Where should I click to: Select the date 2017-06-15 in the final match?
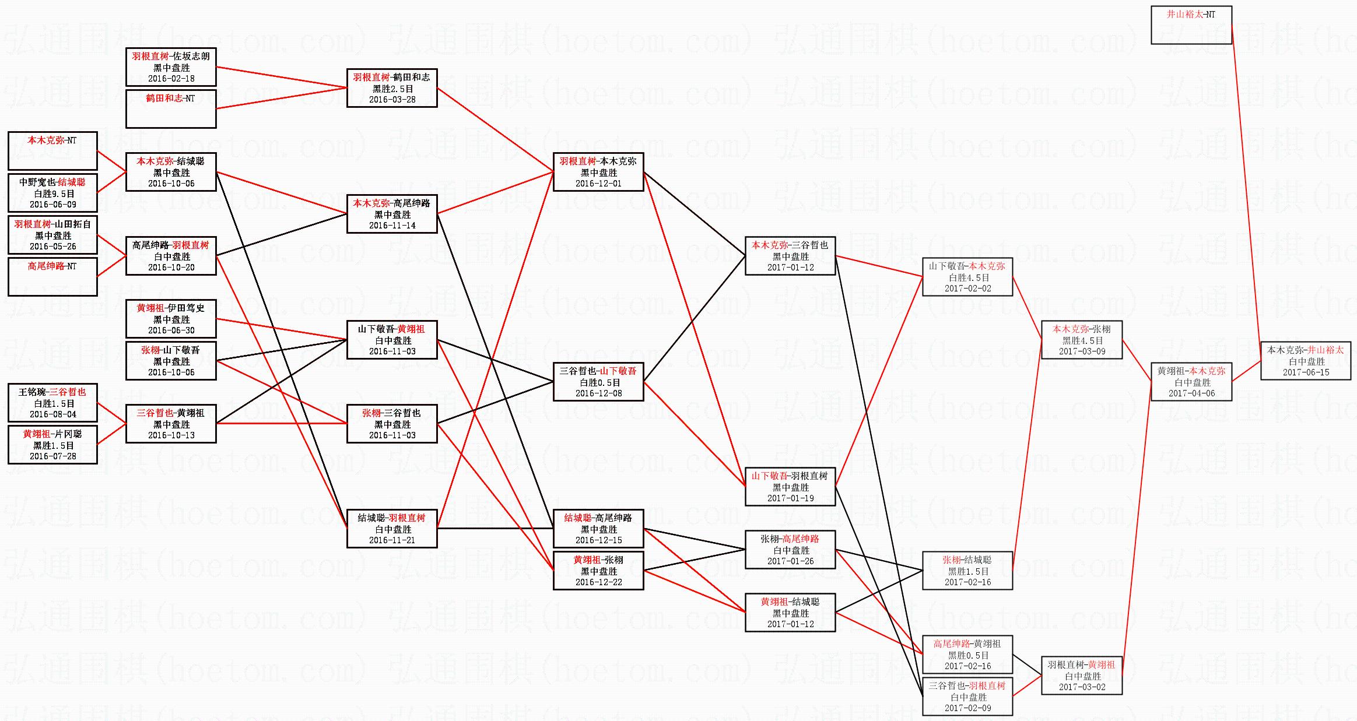1306,372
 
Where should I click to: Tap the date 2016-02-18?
171,79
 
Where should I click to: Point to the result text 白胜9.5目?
52,194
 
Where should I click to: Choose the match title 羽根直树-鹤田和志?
391,78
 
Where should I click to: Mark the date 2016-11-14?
392,226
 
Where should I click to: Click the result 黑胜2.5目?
392,89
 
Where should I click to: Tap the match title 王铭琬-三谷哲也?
52,392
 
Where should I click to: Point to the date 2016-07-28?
52,456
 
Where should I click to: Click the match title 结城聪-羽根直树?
391,518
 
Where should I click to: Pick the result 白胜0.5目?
598,382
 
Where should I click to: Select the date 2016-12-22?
598,582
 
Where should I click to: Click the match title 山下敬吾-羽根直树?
790,476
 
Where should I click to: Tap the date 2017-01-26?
790,561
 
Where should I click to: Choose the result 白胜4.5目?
967,277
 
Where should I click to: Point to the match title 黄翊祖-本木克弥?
1191,371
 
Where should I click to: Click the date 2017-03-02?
1082,687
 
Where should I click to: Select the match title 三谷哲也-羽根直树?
967,686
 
